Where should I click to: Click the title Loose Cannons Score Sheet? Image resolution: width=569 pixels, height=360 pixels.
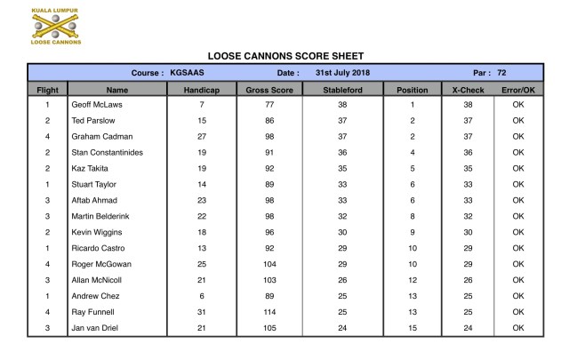[285, 56]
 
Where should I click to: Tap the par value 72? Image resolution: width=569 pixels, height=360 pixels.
[501, 73]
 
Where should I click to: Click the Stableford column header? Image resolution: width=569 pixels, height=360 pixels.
[342, 90]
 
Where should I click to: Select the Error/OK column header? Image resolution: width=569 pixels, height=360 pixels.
[518, 90]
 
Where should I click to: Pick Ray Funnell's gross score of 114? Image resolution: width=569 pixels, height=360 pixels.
[268, 312]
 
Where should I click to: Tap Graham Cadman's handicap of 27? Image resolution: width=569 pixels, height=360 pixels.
[202, 137]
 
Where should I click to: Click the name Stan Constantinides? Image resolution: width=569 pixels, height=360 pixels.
[107, 152]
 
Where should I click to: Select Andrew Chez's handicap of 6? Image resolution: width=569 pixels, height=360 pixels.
[202, 296]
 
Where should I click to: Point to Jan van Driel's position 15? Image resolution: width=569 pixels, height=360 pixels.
[412, 328]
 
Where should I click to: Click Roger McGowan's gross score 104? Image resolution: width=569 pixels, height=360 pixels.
[268, 264]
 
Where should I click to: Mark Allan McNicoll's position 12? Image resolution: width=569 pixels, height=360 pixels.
[412, 280]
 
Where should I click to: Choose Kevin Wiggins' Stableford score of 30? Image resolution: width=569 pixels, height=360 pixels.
[342, 232]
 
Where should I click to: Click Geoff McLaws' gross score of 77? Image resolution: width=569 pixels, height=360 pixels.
[268, 105]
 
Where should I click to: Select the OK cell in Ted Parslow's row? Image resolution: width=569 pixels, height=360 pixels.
[518, 121]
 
